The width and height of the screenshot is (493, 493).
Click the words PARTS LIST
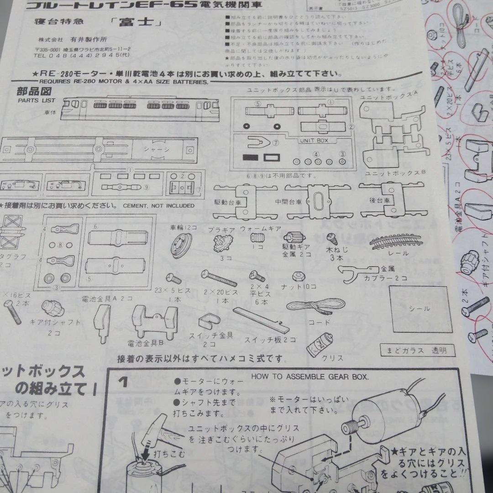(x=37, y=100)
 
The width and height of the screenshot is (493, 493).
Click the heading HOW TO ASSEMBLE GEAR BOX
(x=309, y=377)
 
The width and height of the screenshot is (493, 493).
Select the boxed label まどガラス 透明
(x=416, y=351)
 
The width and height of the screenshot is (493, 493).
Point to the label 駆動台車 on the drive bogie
(x=227, y=201)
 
